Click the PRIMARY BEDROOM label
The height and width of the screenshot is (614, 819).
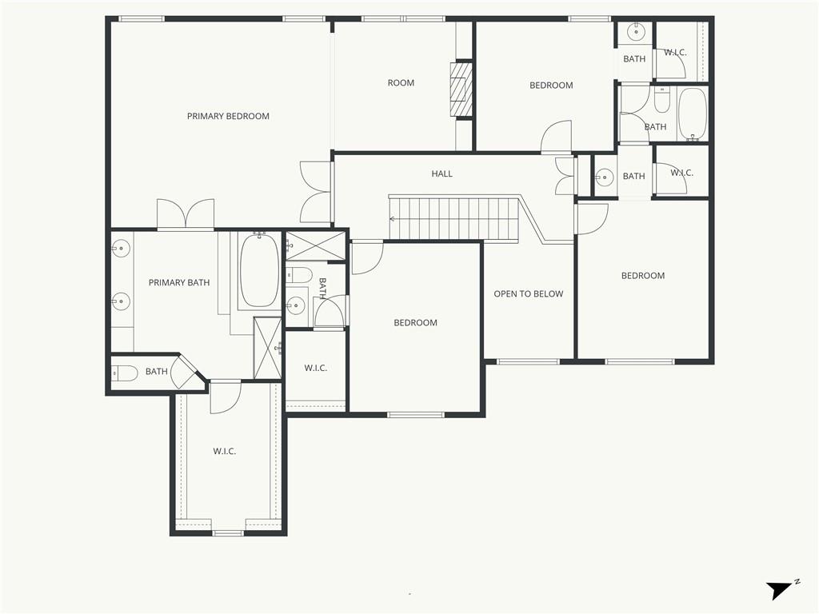[x=228, y=116]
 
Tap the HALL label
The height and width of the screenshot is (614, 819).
[x=441, y=173]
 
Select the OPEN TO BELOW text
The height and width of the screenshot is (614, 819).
[x=528, y=294]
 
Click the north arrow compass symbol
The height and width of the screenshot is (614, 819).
[x=780, y=590]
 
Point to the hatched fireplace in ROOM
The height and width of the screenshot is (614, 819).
[x=461, y=89]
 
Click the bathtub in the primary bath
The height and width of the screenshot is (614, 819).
[x=259, y=271]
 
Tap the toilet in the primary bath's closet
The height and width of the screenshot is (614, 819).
[x=126, y=373]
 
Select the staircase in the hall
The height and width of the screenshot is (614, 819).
[x=454, y=218]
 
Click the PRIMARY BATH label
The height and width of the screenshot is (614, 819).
[x=179, y=282]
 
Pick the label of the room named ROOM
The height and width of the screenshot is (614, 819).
[x=401, y=83]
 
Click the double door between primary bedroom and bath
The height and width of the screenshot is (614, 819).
[x=186, y=214]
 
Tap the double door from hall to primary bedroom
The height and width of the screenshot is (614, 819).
[x=316, y=192]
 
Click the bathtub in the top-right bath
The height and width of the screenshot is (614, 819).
[x=692, y=114]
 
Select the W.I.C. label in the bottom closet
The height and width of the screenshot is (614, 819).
[x=224, y=452]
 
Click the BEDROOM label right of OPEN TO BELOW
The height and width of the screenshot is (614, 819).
[x=643, y=276]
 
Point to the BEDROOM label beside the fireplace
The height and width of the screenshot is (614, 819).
[x=551, y=86]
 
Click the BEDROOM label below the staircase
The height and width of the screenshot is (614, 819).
[x=415, y=323]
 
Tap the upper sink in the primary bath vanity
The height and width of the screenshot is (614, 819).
[x=121, y=248]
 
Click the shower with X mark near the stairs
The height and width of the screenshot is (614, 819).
[x=315, y=245]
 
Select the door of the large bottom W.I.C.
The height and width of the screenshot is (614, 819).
[x=226, y=397]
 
